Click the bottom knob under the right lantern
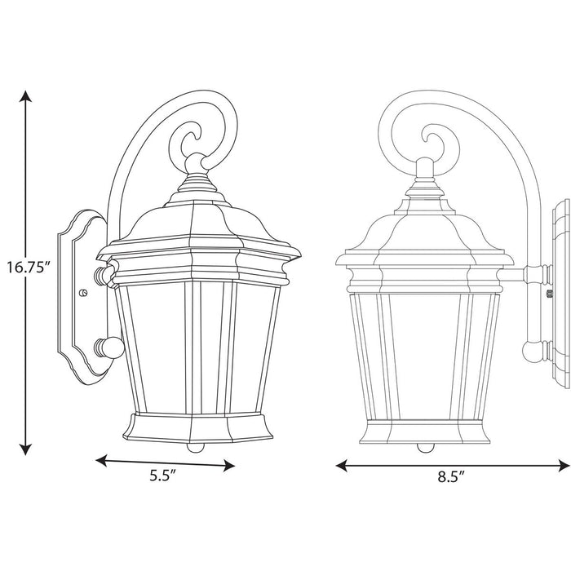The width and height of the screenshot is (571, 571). coord(423,446)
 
